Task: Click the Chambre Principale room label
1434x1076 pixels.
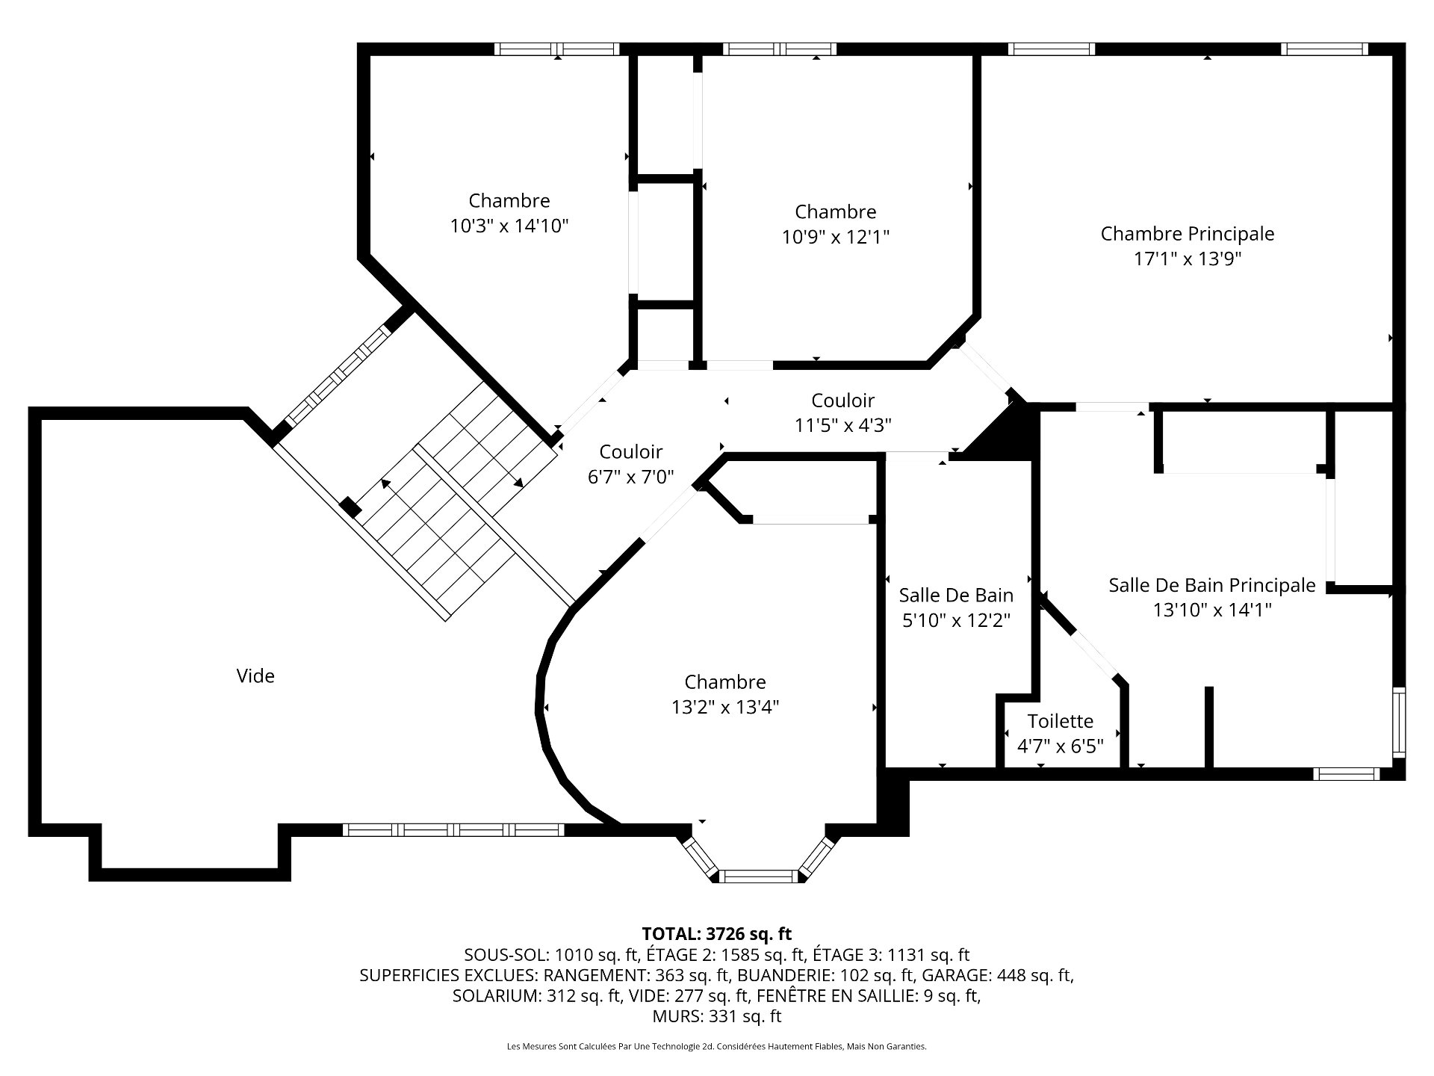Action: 1187,234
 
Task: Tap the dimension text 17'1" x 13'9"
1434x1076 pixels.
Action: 1187,259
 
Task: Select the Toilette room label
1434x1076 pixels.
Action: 1060,721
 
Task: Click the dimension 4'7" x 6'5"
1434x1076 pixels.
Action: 1060,746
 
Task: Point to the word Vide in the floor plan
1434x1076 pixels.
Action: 255,676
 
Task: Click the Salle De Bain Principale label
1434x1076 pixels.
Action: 1211,585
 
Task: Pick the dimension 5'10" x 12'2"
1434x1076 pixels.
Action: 956,621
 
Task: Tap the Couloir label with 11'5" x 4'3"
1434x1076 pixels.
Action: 842,401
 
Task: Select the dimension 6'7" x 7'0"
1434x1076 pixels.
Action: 631,477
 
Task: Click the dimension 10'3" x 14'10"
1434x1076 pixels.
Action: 509,226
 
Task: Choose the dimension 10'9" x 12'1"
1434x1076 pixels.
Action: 835,237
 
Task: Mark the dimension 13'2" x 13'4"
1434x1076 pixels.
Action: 724,708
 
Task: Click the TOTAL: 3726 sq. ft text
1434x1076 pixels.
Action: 716,934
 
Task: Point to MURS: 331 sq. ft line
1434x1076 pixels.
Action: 716,1016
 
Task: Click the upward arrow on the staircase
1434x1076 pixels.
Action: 385,483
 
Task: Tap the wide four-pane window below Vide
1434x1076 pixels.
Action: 453,829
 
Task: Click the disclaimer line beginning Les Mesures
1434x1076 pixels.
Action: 716,1047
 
